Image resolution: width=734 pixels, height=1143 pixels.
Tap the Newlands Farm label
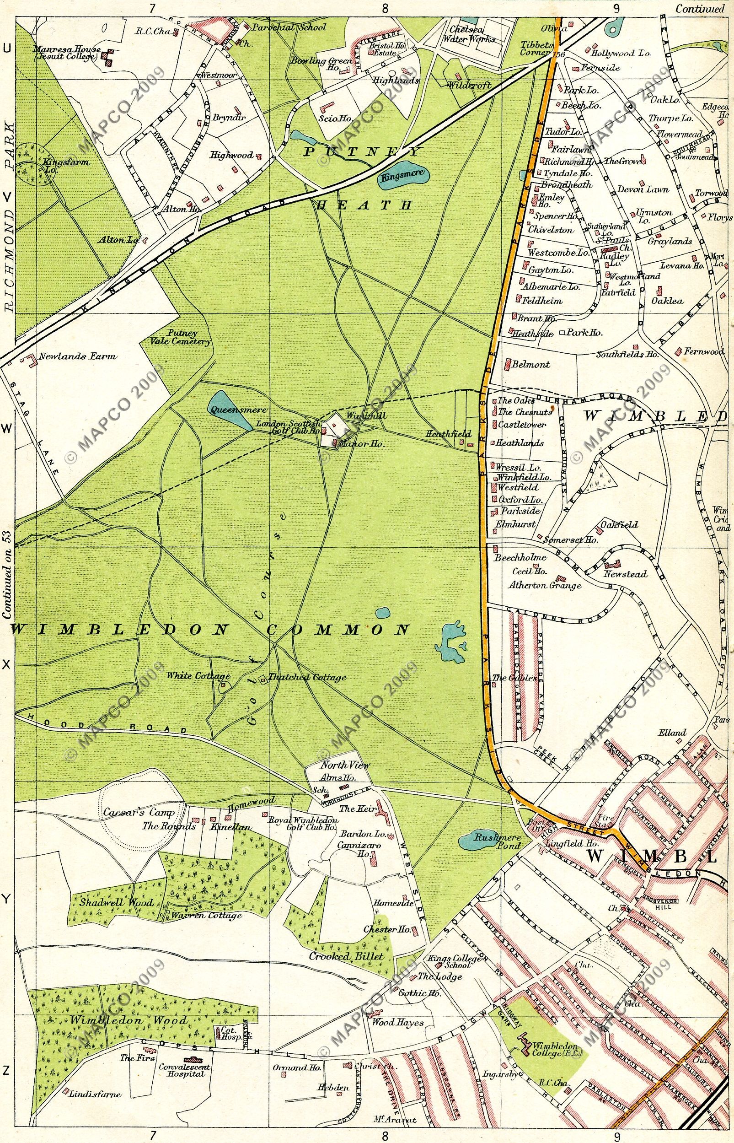(78, 356)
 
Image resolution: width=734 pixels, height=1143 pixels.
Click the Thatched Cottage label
(307, 677)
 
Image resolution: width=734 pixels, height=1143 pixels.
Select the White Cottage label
(198, 676)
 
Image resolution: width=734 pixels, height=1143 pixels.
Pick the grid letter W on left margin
(7, 429)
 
